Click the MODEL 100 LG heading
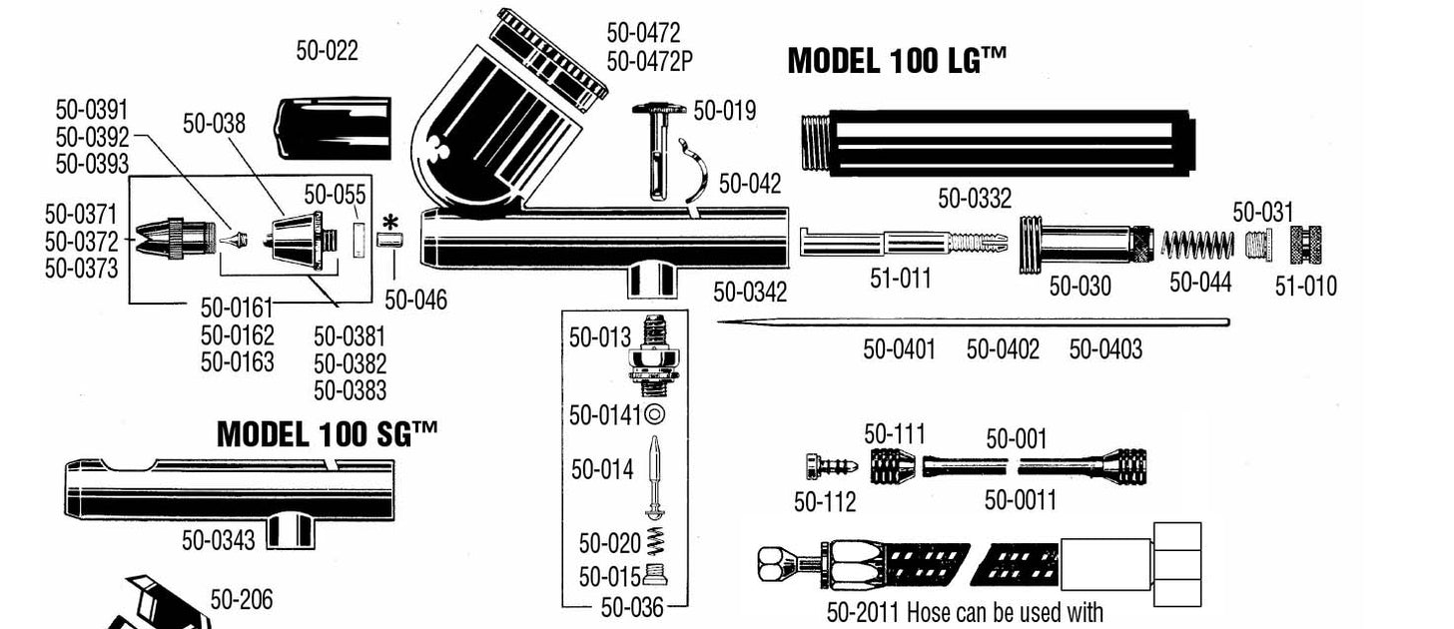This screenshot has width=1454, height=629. click(x=896, y=61)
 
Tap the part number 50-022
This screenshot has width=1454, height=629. click(x=327, y=51)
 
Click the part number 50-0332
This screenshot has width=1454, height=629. click(x=974, y=200)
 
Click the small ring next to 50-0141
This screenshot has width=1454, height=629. click(x=655, y=414)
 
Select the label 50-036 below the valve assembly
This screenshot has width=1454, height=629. click(x=631, y=606)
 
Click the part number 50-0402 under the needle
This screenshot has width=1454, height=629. click(x=1003, y=349)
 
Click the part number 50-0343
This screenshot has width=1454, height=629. click(x=218, y=541)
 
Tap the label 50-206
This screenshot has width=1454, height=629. click(x=241, y=599)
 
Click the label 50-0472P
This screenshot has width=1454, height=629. click(x=649, y=62)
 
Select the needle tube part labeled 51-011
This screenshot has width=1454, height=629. click(x=899, y=243)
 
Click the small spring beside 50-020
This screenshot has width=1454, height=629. click(x=656, y=542)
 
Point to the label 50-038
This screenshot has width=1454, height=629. click(x=214, y=124)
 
